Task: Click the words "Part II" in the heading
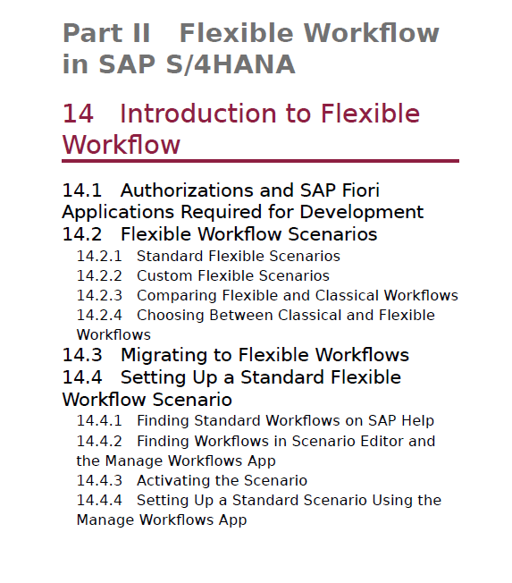point(106,33)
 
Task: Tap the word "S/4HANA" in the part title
point(231,64)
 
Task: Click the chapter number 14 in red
point(78,114)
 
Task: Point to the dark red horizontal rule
point(260,161)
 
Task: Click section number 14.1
point(81,190)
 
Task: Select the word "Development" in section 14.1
point(362,212)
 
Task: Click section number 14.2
point(81,234)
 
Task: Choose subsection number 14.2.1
point(99,256)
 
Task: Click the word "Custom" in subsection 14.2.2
point(165,276)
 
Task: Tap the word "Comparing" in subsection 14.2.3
point(177,296)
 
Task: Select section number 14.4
point(81,377)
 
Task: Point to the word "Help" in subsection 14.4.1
point(419,421)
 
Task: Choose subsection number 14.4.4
point(99,501)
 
